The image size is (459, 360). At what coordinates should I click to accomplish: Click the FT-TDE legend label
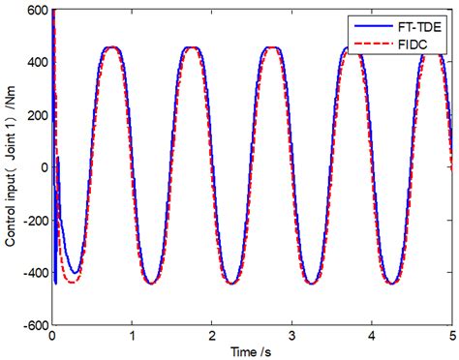[417, 22]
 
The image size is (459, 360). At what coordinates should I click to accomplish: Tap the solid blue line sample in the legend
[373, 22]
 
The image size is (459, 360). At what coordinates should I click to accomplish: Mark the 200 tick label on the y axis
[36, 115]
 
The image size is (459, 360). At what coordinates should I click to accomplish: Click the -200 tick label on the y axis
[33, 220]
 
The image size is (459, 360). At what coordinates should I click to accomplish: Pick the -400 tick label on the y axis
[33, 272]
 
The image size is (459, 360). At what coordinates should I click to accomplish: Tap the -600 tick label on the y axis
[33, 323]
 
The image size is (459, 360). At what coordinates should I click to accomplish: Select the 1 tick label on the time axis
[132, 334]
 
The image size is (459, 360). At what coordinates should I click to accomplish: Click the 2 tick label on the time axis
[212, 334]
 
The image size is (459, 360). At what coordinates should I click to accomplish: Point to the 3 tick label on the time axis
[292, 334]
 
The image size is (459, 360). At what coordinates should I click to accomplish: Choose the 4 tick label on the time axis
[372, 334]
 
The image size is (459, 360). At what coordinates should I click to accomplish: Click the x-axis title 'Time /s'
[253, 349]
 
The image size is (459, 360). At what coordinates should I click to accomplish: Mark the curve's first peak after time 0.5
[112, 47]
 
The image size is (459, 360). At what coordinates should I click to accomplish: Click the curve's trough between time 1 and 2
[152, 283]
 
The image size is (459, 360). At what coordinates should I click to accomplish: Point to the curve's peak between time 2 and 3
[272, 47]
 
